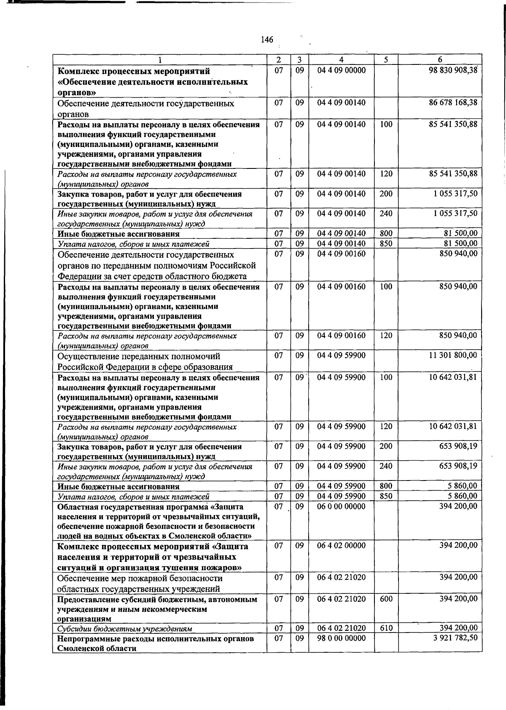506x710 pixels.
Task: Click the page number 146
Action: point(267,40)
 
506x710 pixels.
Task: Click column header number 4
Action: point(341,60)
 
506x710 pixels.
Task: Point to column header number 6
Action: point(440,60)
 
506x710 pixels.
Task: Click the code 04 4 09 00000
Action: point(341,70)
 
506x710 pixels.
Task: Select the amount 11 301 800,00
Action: point(453,355)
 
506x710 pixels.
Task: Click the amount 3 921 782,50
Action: point(455,638)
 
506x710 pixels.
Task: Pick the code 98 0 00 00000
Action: point(341,638)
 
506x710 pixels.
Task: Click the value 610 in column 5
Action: point(386,628)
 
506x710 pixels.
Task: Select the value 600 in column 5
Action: point(386,599)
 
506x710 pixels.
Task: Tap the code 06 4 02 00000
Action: point(341,546)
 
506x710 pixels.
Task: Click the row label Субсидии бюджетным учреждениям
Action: point(125,629)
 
